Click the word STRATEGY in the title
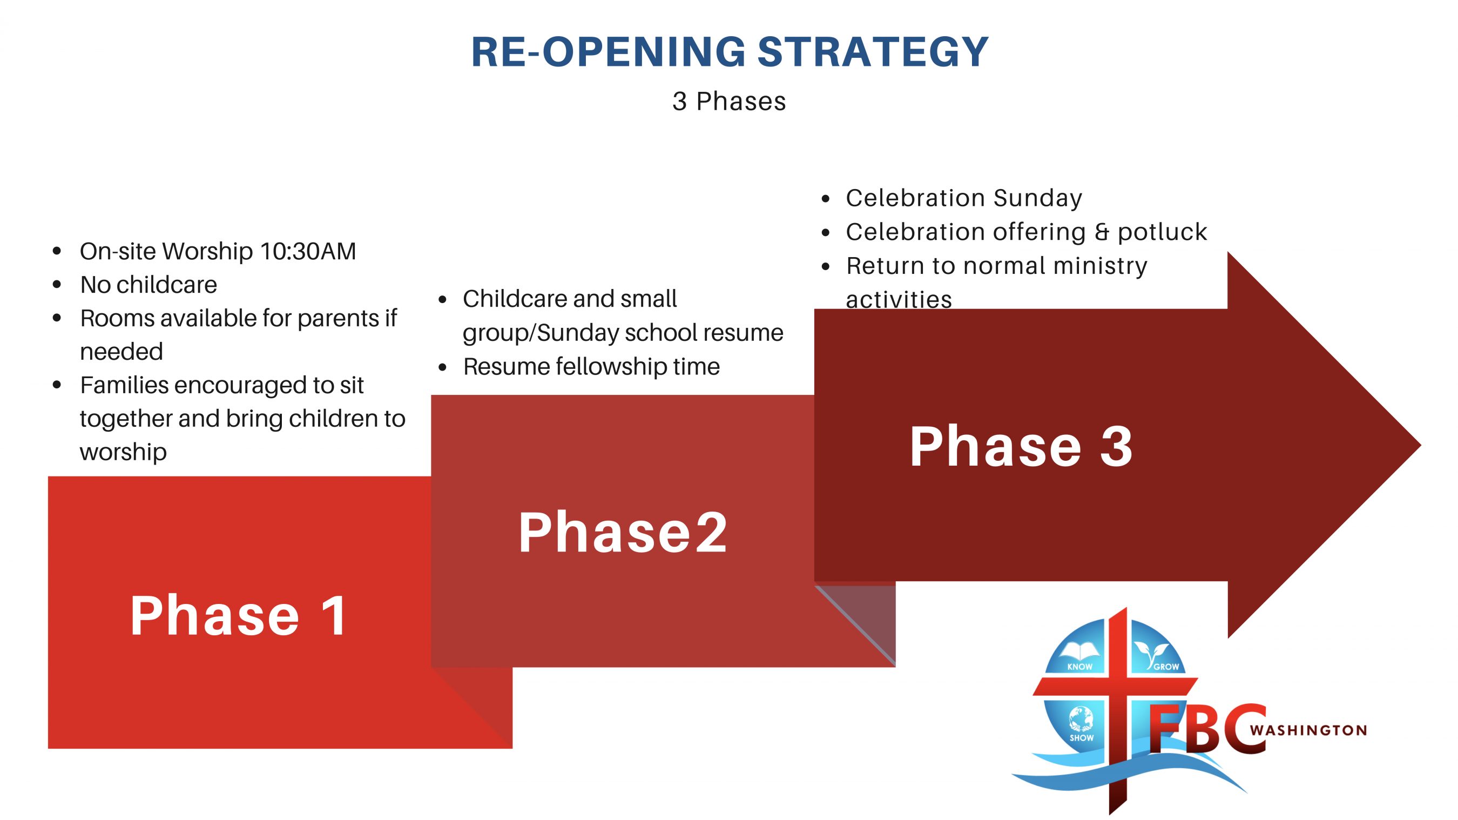873,52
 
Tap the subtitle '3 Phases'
729,102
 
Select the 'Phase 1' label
238,616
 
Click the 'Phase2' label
623,532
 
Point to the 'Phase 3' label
1021,446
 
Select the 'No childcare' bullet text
148,284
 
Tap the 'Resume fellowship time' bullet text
591,366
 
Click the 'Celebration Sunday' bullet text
964,198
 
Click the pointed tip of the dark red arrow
1421,445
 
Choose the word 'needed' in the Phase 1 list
122,352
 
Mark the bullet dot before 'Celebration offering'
826,233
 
